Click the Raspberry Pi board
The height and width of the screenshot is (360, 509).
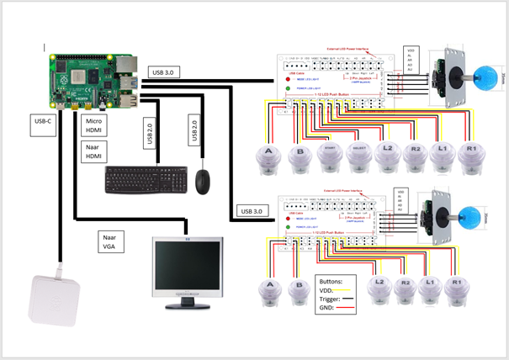click(x=93, y=80)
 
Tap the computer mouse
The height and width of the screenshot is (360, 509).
click(x=203, y=180)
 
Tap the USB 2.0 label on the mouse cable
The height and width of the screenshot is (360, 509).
click(x=195, y=130)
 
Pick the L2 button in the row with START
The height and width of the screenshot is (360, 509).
click(x=384, y=156)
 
